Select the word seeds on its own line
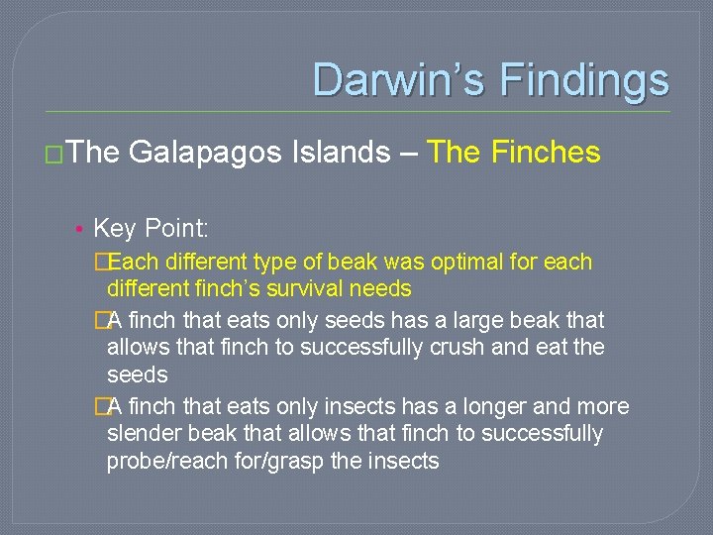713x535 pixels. coord(138,375)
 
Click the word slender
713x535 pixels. coord(142,434)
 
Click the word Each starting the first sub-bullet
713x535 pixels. coord(134,263)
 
